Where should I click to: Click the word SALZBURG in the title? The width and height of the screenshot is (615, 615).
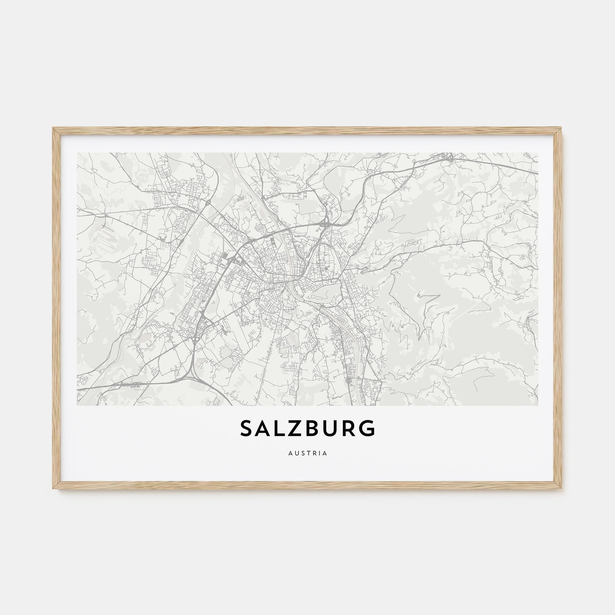(307, 428)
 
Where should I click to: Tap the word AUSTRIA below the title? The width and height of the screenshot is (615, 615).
(307, 452)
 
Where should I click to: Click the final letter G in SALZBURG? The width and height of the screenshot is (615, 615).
(367, 428)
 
